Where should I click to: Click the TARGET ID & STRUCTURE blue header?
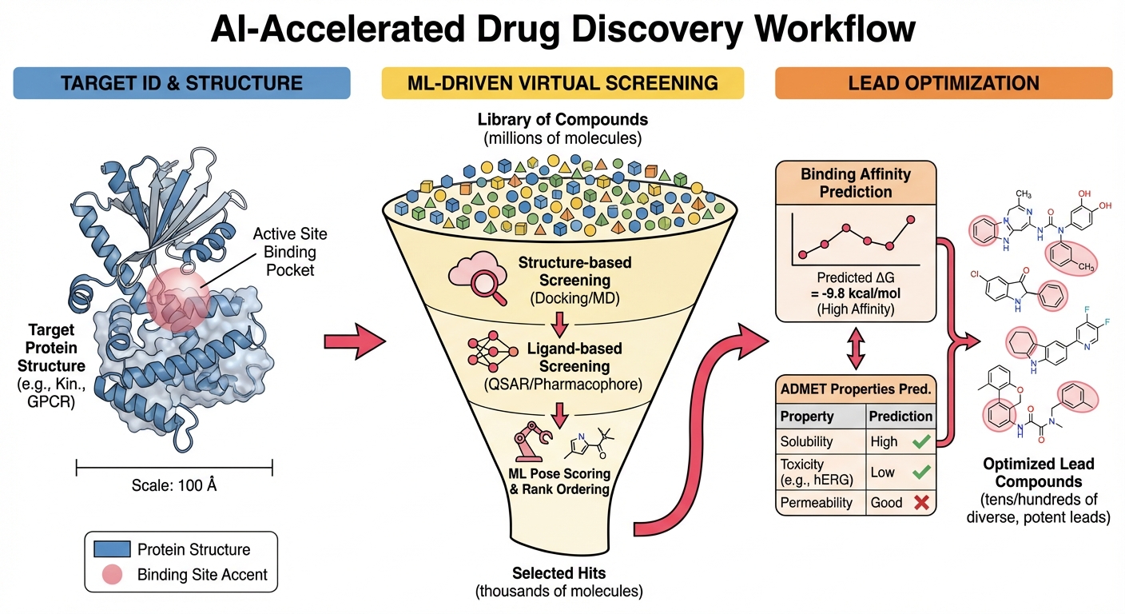[181, 83]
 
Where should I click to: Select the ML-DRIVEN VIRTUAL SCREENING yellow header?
[562, 83]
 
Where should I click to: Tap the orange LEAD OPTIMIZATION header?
[944, 83]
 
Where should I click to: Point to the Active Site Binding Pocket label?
[290, 252]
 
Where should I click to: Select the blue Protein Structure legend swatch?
[112, 549]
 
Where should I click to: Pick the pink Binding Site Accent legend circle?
[113, 574]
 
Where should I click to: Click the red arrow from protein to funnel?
[354, 342]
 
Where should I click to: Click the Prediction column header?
[900, 416]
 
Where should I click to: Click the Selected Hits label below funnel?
[559, 573]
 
